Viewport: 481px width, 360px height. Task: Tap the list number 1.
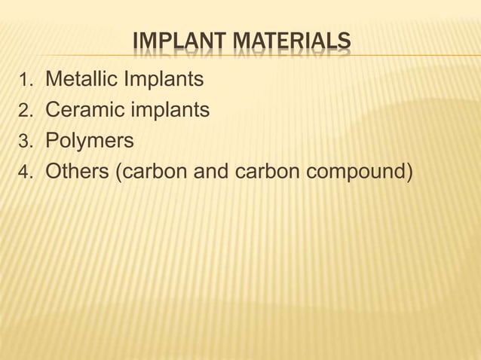pyautogui.click(x=26, y=80)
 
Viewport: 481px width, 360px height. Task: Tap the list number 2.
pyautogui.click(x=26, y=112)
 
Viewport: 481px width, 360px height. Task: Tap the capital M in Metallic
pyautogui.click(x=54, y=78)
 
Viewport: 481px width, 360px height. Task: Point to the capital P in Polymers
pyautogui.click(x=52, y=142)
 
